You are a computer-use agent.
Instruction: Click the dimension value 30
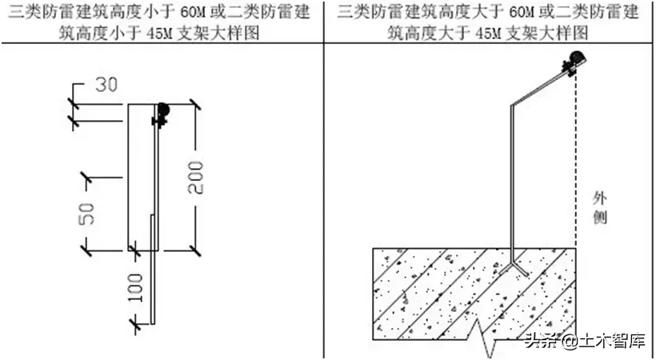(x=106, y=84)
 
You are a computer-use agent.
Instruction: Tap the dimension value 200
(x=195, y=178)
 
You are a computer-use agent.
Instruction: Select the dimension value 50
(x=86, y=213)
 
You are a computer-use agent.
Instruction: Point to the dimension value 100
(x=134, y=287)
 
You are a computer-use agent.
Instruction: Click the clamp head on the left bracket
(x=161, y=114)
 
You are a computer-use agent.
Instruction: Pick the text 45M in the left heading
(x=159, y=33)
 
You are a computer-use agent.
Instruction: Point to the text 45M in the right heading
(x=488, y=33)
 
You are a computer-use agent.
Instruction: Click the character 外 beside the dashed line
(x=600, y=198)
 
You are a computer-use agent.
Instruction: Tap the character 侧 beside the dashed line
(x=600, y=218)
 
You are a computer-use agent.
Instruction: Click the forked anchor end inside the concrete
(x=514, y=266)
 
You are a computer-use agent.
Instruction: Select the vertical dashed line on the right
(x=576, y=160)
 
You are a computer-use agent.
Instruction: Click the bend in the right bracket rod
(x=512, y=105)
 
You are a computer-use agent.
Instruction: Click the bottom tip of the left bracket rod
(x=153, y=323)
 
